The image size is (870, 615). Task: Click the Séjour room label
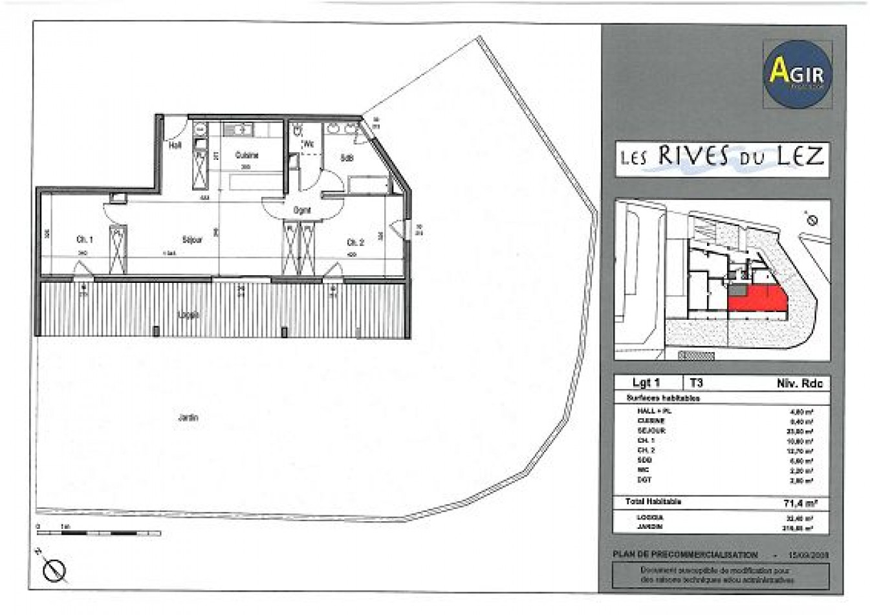pyautogui.click(x=192, y=240)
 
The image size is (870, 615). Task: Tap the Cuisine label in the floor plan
pyautogui.click(x=246, y=155)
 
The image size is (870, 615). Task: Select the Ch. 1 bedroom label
pyautogui.click(x=85, y=240)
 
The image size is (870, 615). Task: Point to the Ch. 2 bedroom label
pyautogui.click(x=355, y=243)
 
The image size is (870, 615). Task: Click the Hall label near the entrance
pyautogui.click(x=175, y=146)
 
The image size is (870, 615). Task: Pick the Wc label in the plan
pyautogui.click(x=309, y=144)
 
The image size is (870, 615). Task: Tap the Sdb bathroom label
pyautogui.click(x=347, y=157)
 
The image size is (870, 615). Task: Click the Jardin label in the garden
pyautogui.click(x=188, y=418)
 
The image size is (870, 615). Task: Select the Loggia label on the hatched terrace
pyautogui.click(x=188, y=315)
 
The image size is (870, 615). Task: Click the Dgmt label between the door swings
pyautogui.click(x=302, y=210)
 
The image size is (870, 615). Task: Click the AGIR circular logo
pyautogui.click(x=797, y=73)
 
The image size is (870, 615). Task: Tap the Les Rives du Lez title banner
pyautogui.click(x=722, y=157)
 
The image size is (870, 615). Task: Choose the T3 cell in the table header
pyautogui.click(x=696, y=383)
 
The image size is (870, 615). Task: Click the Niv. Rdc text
pyautogui.click(x=799, y=383)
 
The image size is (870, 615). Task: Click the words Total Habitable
pyautogui.click(x=653, y=502)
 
